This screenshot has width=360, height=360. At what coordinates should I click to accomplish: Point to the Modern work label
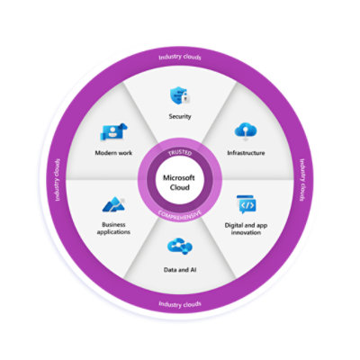[113, 153]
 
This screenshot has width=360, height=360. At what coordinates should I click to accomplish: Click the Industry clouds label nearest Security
[180, 57]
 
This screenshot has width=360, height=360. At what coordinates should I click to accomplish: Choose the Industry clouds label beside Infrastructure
[301, 181]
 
